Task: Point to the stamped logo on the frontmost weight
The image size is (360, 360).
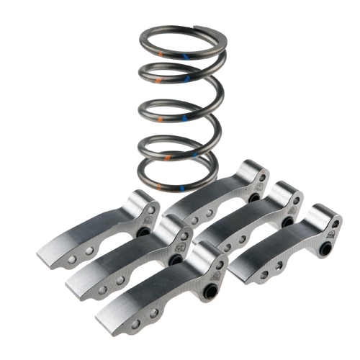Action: [214, 268]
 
